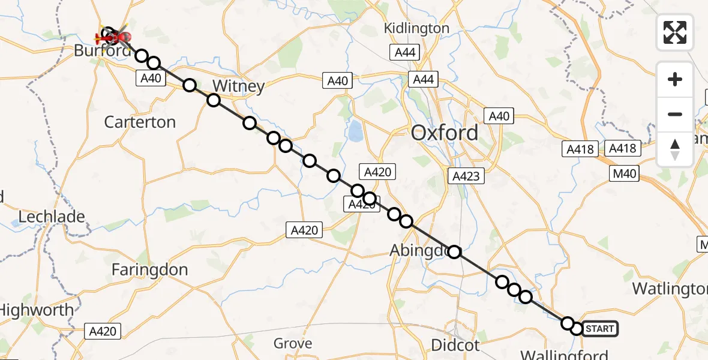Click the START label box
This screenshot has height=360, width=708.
pos(599,329)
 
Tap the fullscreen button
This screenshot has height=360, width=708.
pos(675,32)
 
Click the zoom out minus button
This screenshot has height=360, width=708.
pos(675,114)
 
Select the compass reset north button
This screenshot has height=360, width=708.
pos(675,149)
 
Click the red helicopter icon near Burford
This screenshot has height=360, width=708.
pos(114,38)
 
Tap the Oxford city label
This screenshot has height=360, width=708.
pos(445,133)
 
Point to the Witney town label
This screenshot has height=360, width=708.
pos(238,86)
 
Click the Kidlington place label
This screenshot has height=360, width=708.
pos(416,28)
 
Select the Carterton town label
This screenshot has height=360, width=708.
pos(140,122)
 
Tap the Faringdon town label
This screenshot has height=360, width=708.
pos(150,270)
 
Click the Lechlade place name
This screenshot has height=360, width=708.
pos(52,217)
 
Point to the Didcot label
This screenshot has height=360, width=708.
pos(455,345)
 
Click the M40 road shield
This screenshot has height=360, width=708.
pos(624,175)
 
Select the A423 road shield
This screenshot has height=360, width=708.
pos(466,176)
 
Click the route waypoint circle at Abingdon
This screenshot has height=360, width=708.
pos(455,252)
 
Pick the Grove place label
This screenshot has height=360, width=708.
pos(293,343)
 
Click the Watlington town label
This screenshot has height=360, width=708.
pos(669,289)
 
